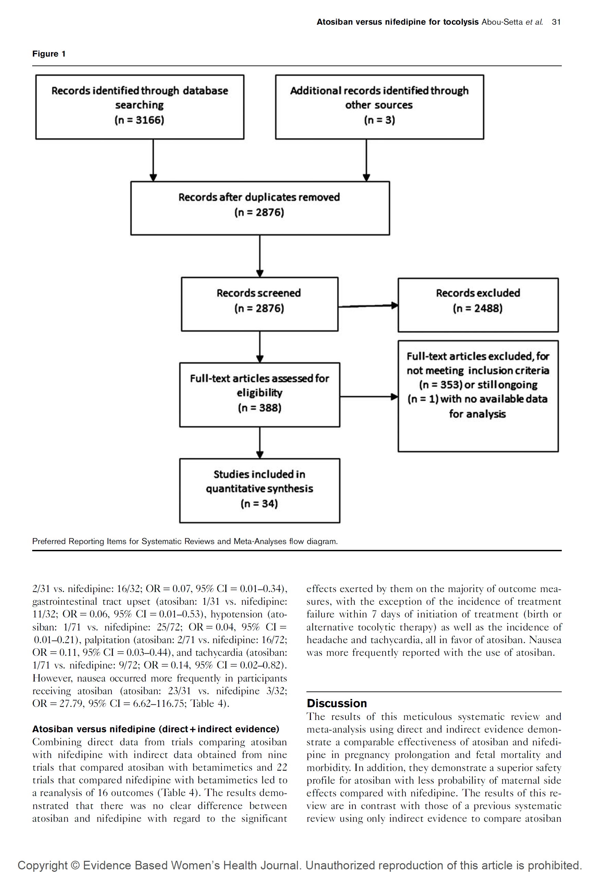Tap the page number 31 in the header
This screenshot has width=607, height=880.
point(556,22)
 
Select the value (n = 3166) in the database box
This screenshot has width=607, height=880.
point(139,120)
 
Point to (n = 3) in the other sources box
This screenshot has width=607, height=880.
point(379,120)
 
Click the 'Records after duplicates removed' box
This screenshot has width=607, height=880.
point(260,208)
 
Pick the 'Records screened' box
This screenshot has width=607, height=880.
point(259,304)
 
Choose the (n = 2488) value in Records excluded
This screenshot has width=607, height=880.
point(477,309)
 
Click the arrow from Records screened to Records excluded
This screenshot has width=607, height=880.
point(367,305)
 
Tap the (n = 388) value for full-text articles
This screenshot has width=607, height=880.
point(259,408)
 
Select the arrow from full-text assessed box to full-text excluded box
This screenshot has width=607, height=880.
point(368,397)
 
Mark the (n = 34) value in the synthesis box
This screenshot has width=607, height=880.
point(259,504)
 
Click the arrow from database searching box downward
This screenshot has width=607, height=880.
point(153,160)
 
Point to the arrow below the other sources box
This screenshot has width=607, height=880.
point(366,160)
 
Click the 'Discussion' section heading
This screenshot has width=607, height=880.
point(337,703)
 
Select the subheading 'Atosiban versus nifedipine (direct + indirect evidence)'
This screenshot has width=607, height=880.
point(156,729)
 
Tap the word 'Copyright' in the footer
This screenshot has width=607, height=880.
point(42,866)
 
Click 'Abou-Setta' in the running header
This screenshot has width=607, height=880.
point(502,22)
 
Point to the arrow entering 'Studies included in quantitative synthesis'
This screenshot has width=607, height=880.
point(260,443)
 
